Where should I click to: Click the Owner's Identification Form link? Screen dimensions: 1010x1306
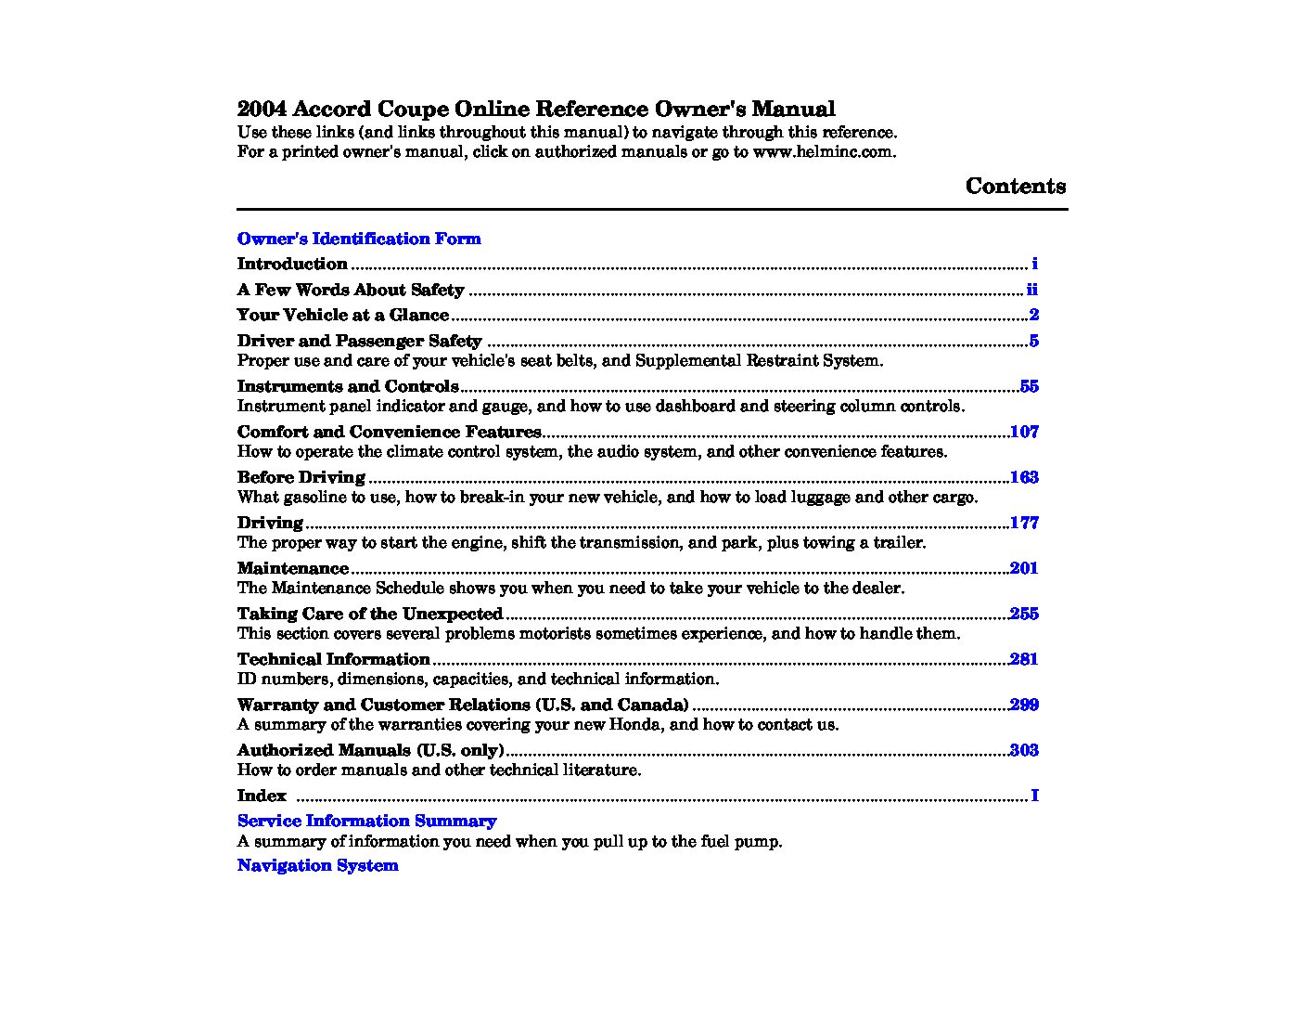(x=359, y=239)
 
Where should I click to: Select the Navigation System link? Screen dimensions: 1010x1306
(x=317, y=865)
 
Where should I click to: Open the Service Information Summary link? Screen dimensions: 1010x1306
(x=366, y=821)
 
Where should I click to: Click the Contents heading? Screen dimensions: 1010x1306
(x=1016, y=186)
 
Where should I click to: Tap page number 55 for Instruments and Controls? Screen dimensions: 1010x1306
(x=1029, y=386)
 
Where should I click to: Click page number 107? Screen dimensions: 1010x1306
(x=1024, y=432)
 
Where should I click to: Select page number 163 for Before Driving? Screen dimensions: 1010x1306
(x=1024, y=477)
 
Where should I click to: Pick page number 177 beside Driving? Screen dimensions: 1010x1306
(x=1024, y=523)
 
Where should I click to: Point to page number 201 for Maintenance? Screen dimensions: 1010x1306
(x=1024, y=568)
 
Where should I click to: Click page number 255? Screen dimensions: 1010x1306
(x=1024, y=614)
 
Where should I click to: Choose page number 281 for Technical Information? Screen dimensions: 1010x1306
(x=1024, y=659)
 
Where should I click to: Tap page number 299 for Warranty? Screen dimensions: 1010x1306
(x=1024, y=705)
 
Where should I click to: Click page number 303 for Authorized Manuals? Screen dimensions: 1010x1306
(x=1024, y=750)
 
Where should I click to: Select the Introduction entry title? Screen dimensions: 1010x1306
(x=292, y=264)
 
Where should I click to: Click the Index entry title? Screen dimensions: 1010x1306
(x=262, y=796)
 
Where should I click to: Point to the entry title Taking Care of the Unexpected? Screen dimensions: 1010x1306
(x=369, y=614)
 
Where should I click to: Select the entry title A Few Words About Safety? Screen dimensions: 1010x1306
(x=350, y=290)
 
